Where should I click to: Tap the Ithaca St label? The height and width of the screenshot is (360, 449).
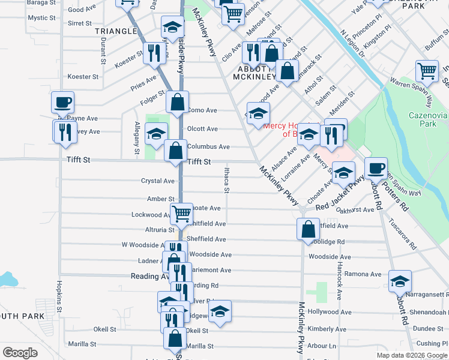click(x=227, y=180)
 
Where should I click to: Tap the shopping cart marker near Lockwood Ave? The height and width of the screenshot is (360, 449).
click(x=181, y=212)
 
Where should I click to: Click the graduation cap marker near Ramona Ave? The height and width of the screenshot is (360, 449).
click(x=400, y=280)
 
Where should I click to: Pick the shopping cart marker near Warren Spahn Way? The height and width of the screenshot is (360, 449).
click(x=427, y=70)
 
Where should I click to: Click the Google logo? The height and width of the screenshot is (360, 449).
click(x=20, y=353)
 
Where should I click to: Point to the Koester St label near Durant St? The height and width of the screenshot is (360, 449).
click(x=83, y=77)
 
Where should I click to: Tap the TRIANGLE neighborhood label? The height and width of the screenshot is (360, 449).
click(x=116, y=31)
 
